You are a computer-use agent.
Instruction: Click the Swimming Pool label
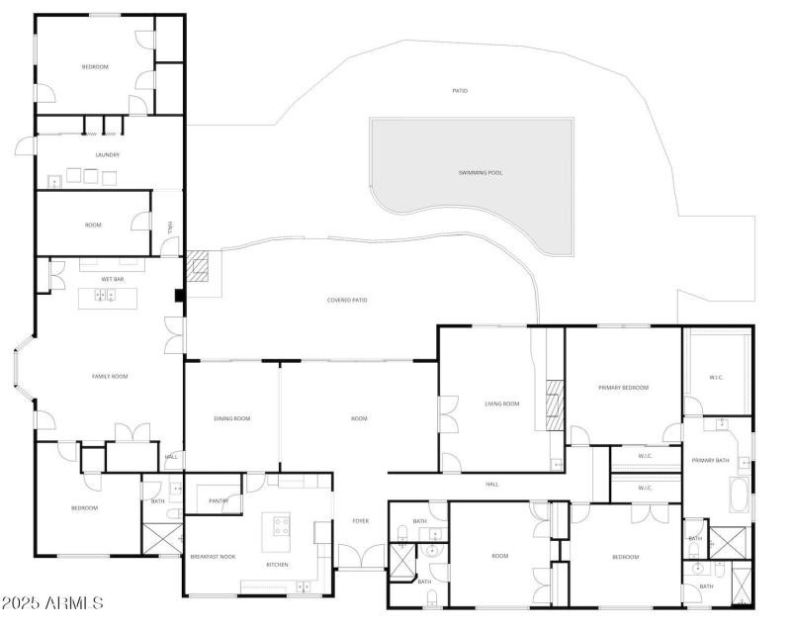480,173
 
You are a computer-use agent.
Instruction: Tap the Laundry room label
108,155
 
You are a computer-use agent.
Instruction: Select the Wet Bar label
112,280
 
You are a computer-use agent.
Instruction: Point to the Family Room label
110,376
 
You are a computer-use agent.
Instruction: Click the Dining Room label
232,418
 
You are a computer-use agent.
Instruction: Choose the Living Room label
502,404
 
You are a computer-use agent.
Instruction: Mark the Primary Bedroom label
623,388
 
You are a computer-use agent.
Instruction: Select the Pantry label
219,501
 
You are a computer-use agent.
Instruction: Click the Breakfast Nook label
213,557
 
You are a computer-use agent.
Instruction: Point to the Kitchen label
277,565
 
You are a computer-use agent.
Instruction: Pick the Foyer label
361,521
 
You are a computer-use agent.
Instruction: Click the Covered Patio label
347,300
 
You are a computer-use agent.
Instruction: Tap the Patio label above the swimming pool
460,91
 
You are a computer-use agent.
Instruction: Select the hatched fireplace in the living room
555,404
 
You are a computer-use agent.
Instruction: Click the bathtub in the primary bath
739,495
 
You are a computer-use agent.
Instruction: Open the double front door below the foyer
360,557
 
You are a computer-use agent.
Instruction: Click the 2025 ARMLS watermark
53,602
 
